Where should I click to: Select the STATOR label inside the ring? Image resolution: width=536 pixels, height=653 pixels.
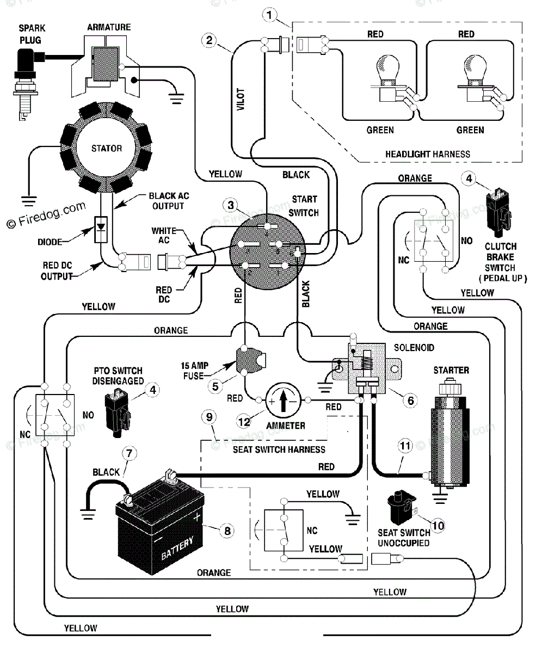(x=107, y=149)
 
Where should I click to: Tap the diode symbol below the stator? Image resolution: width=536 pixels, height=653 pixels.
(x=101, y=229)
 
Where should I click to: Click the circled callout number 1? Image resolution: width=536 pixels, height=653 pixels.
(x=269, y=15)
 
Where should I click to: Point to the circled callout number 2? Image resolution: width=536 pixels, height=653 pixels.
(x=209, y=40)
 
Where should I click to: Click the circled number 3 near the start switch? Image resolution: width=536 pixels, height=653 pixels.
(x=231, y=205)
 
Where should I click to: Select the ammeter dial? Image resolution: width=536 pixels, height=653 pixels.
(x=284, y=400)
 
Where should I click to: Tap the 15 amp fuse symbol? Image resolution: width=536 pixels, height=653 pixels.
(x=250, y=361)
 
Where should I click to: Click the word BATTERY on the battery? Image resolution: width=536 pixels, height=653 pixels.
(x=177, y=549)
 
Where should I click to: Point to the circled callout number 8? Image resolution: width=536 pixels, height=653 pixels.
(x=227, y=531)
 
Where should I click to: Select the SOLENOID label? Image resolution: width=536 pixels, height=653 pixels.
(x=414, y=348)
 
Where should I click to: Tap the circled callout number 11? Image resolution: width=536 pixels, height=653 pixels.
(x=405, y=446)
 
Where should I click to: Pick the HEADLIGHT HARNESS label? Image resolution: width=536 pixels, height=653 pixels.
(x=428, y=154)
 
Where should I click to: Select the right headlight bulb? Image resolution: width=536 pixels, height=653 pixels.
(x=476, y=79)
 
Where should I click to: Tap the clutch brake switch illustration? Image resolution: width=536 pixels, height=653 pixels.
(x=498, y=211)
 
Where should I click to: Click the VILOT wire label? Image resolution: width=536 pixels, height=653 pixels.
(x=241, y=99)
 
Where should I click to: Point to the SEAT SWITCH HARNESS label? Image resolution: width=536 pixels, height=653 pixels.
(x=279, y=449)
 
